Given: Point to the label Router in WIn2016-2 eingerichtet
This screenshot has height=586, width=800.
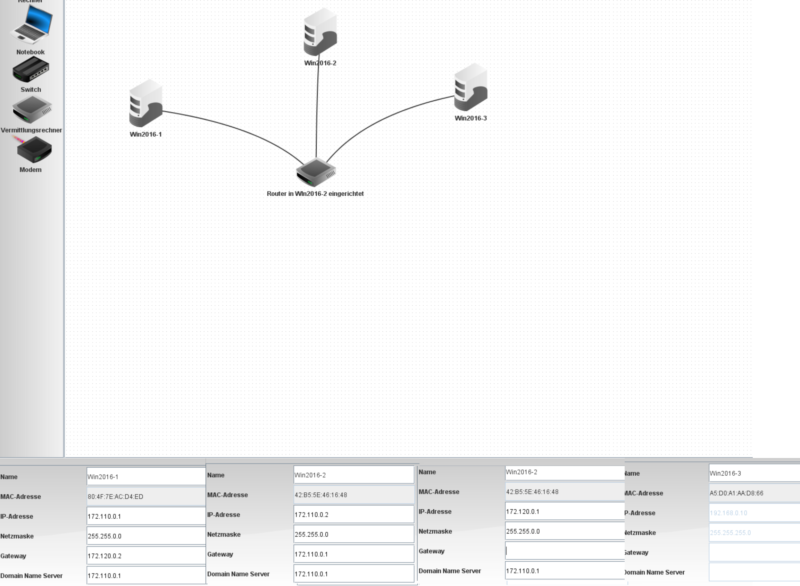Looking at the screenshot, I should click(x=315, y=194).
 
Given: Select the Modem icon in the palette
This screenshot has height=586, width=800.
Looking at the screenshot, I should click(x=34, y=150).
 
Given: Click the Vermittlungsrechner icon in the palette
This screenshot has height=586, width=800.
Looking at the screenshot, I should click(x=32, y=110).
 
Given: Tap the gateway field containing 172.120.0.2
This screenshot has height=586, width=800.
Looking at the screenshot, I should click(x=146, y=555).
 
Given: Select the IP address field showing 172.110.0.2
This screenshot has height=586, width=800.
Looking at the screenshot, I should click(x=353, y=514).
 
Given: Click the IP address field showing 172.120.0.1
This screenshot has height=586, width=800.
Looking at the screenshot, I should click(x=564, y=511).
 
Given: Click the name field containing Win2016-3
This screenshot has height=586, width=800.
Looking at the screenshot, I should click(x=754, y=473).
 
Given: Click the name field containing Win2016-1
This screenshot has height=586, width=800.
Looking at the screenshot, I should click(x=146, y=476).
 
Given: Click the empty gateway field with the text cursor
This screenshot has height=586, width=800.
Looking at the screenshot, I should click(x=564, y=551).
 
